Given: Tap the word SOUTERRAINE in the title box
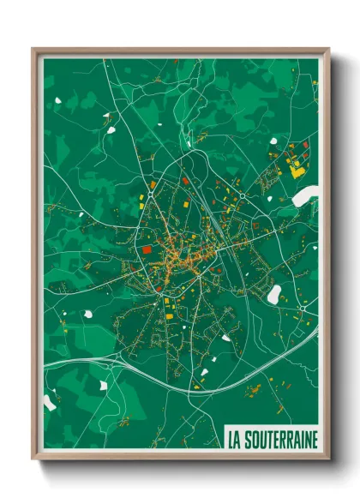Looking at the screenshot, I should (279, 440).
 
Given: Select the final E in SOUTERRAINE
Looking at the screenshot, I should (313, 440).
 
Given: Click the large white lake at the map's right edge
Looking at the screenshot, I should (306, 196).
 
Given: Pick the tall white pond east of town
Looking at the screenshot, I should (274, 294).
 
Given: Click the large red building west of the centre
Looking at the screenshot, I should (146, 249).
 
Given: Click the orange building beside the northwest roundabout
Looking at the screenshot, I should (153, 183).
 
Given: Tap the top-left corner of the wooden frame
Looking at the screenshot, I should (34, 50).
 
